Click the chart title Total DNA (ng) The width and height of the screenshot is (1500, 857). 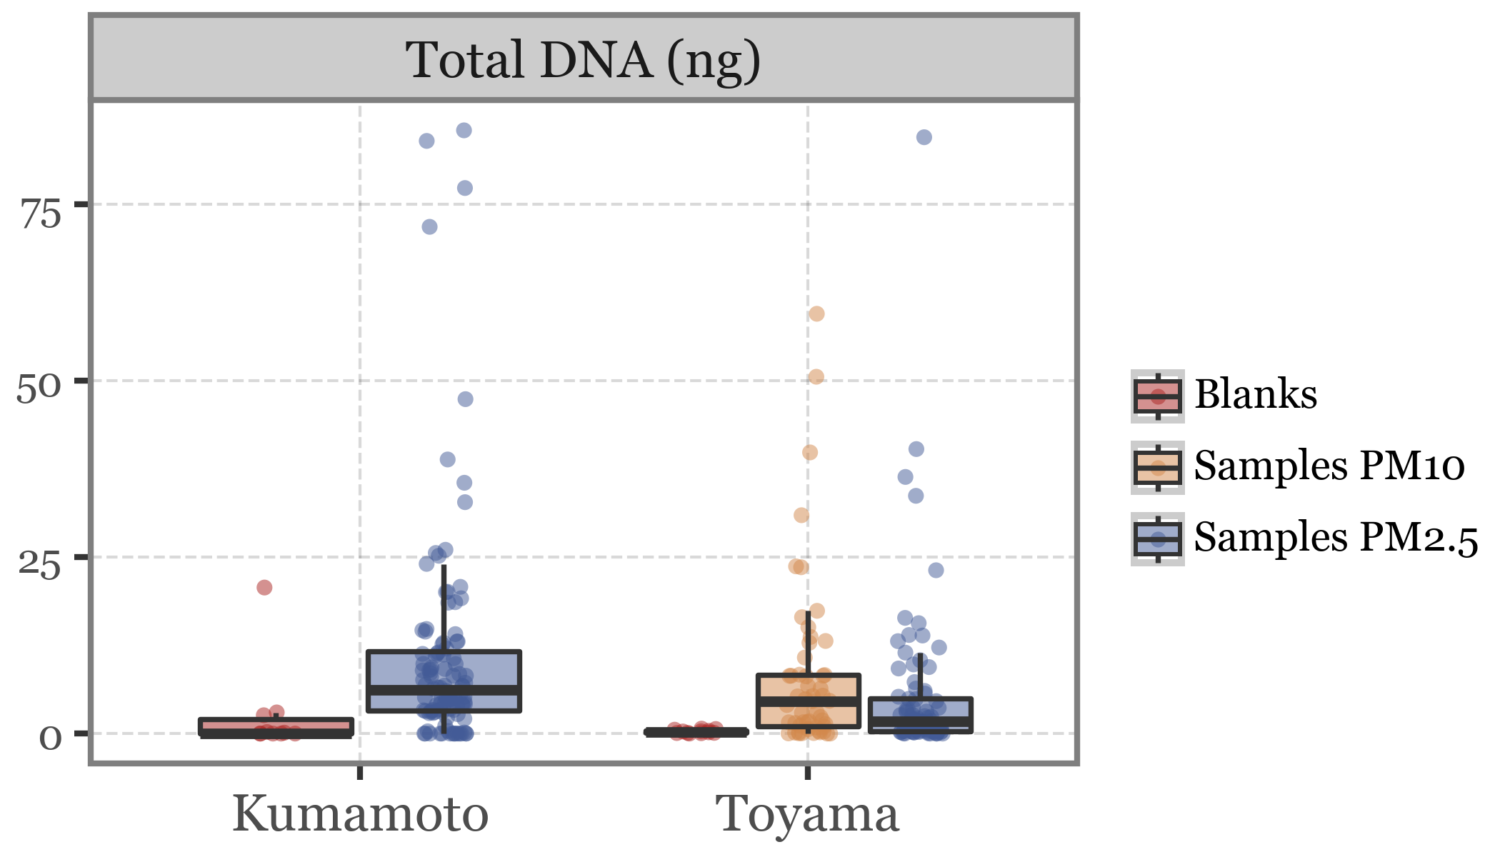[x=583, y=60]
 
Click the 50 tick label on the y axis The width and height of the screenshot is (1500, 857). [x=39, y=389]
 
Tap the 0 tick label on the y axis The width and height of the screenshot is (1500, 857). [x=50, y=738]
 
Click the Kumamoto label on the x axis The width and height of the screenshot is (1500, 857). [x=360, y=814]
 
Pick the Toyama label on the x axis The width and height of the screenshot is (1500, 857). [x=807, y=814]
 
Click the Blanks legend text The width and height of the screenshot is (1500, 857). [x=1255, y=394]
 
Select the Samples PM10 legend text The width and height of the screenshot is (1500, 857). [x=1329, y=466]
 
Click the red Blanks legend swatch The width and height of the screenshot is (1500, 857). [x=1157, y=396]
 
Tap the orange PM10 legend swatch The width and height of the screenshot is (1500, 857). [x=1157, y=468]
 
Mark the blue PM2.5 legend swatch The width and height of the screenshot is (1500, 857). [x=1157, y=539]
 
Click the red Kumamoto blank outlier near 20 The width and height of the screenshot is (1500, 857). [x=264, y=588]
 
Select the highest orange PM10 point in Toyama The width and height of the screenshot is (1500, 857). [x=816, y=314]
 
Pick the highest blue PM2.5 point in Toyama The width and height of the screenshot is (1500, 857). [x=924, y=138]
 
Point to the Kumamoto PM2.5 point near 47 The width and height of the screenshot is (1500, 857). [x=465, y=399]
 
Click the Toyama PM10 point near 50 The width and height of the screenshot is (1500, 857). [x=816, y=377]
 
